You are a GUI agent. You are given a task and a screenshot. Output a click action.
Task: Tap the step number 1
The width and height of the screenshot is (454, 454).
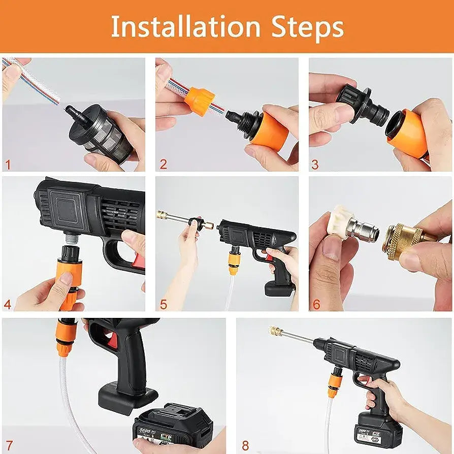pos(8,165)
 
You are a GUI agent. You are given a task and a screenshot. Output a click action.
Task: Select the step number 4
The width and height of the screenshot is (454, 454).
pos(8,305)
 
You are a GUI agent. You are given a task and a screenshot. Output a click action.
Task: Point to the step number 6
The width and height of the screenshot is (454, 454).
pos(316,305)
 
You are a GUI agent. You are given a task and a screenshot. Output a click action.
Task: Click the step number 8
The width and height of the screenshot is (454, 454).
pos(245,445)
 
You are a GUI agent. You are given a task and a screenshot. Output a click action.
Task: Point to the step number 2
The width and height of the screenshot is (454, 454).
pos(163,165)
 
